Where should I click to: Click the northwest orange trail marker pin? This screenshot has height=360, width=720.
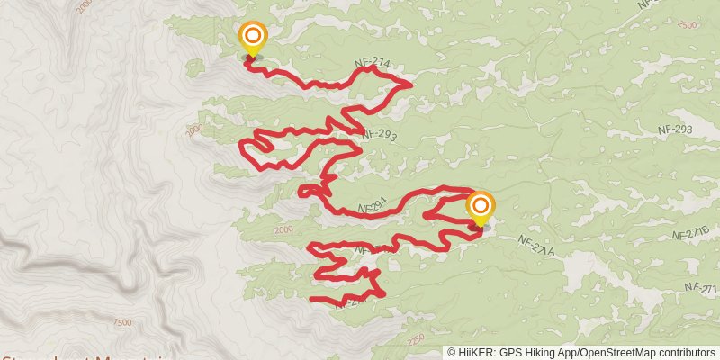click(x=253, y=37)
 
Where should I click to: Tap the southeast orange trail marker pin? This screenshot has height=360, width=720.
click(x=480, y=207)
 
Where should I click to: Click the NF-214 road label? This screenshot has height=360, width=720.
click(x=372, y=63)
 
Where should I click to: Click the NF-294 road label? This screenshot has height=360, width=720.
click(x=373, y=208)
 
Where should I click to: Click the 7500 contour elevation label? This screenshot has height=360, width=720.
click(x=123, y=322)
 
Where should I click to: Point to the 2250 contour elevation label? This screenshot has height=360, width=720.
click(x=415, y=340)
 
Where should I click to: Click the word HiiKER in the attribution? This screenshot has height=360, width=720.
click(x=477, y=353)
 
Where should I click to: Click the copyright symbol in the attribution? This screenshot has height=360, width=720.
click(x=452, y=353)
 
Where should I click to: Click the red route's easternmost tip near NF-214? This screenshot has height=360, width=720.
click(x=411, y=85)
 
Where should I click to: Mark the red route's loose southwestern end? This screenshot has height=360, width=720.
click(x=311, y=298)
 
